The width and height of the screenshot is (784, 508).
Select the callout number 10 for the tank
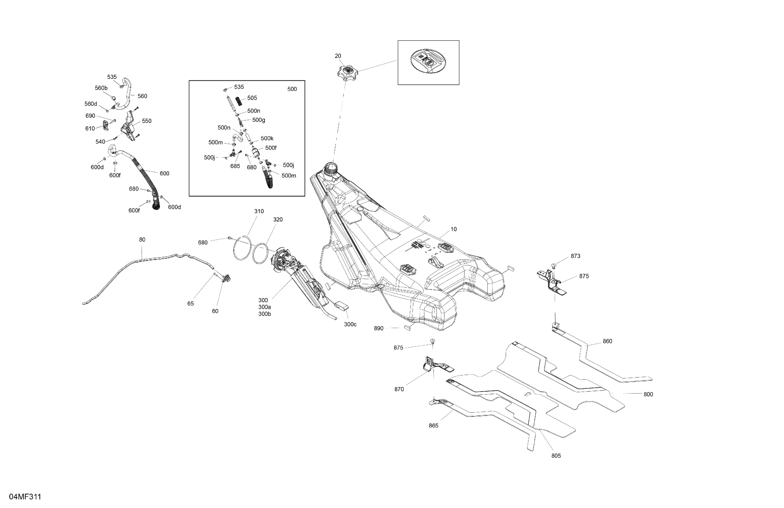453,229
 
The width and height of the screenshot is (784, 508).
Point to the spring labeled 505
242,100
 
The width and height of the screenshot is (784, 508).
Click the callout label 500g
259,120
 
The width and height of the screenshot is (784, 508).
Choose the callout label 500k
267,138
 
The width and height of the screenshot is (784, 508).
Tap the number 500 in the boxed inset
292,89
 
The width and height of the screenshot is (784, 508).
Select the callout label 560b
101,88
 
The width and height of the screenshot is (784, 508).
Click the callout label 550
147,121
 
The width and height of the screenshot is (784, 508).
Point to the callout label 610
90,128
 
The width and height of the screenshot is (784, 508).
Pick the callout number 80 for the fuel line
142,240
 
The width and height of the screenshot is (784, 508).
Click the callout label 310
259,211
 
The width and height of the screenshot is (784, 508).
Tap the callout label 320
278,219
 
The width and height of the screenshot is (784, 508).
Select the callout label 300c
350,324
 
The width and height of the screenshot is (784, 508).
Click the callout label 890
379,328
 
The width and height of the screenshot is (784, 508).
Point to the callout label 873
575,256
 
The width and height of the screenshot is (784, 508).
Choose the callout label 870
399,389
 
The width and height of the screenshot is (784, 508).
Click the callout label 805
556,456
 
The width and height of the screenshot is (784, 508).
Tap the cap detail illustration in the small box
428,62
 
